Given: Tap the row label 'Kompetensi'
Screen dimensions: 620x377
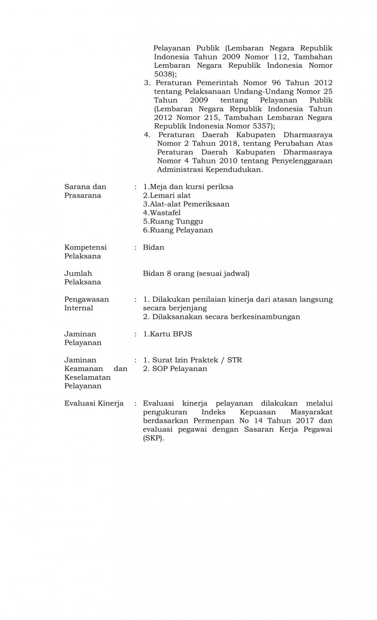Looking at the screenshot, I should click(x=85, y=247).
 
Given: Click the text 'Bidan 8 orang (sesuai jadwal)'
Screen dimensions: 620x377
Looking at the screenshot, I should click(x=196, y=273).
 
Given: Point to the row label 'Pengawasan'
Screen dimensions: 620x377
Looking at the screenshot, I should click(x=86, y=299).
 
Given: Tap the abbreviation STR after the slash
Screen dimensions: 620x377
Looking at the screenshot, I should click(x=234, y=360).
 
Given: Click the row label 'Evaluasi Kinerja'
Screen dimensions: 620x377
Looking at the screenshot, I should click(x=94, y=403).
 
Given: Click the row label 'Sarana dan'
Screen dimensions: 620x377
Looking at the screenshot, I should click(x=85, y=186).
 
